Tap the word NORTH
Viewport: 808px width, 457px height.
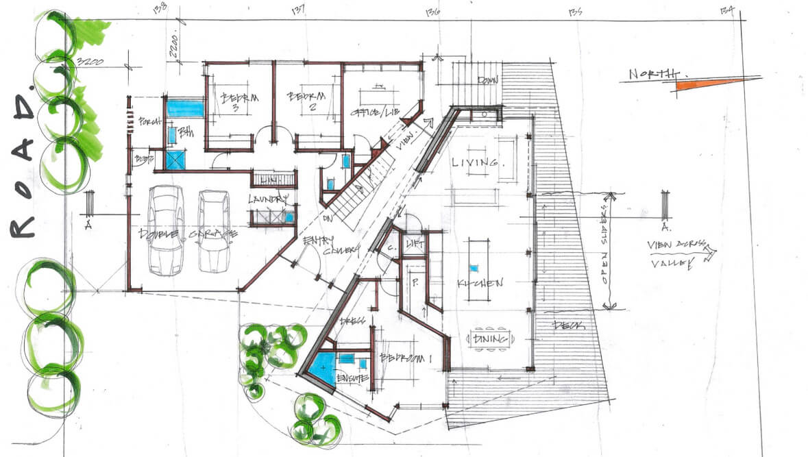coord(654,74)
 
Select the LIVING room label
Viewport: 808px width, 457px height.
coord(474,162)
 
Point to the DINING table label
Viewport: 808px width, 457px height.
coord(490,338)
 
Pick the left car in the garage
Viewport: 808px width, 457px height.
coord(165,230)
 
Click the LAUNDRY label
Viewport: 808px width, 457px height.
coord(269,201)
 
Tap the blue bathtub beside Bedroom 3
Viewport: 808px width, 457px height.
coord(186,108)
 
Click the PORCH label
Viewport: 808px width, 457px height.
coord(148,122)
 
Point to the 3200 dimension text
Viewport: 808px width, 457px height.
coord(90,62)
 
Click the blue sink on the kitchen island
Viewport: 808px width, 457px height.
coord(473,268)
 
